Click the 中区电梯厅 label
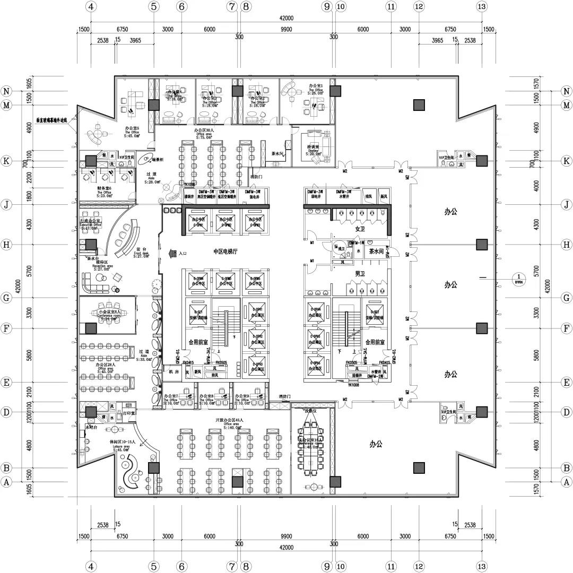point(229,252)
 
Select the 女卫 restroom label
point(361,229)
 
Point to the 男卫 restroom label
point(361,273)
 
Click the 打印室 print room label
point(129,412)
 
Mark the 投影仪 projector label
point(310,411)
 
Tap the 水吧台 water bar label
point(92,426)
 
